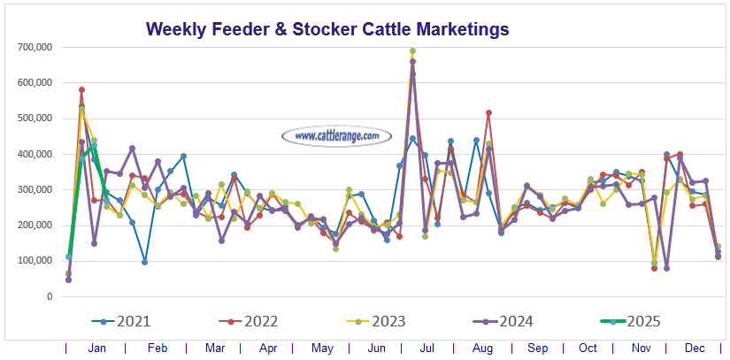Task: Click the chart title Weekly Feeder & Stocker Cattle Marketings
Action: (327, 28)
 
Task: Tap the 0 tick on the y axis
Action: (50, 296)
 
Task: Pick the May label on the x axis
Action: (321, 349)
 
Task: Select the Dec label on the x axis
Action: (695, 349)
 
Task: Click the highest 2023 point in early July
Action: (412, 51)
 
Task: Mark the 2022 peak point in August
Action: (488, 112)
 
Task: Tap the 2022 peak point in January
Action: (81, 89)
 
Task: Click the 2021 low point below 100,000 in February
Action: (144, 262)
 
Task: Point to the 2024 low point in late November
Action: (666, 268)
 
